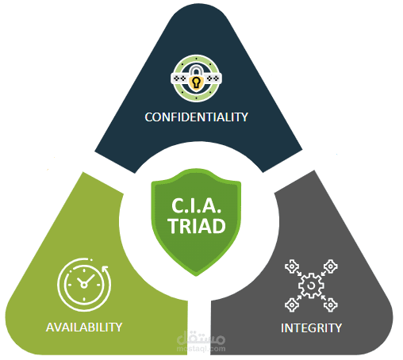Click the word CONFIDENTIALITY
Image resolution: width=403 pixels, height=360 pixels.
[x=196, y=117]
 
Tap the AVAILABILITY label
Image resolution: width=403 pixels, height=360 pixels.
[x=84, y=327]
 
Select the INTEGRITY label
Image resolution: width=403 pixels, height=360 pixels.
[x=311, y=328]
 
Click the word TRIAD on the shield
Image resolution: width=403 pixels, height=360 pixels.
[x=197, y=226]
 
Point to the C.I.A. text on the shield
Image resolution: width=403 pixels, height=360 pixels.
[x=196, y=205]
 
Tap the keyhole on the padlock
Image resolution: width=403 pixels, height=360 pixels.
[x=196, y=82]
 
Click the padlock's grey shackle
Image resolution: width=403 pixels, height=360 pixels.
[x=196, y=71]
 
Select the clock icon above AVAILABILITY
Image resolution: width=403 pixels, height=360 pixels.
[x=83, y=285]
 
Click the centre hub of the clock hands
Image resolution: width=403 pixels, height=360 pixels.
[x=83, y=285]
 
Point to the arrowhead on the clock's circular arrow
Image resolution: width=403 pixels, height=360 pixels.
[x=106, y=269]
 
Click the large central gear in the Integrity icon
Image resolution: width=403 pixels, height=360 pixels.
[x=311, y=285]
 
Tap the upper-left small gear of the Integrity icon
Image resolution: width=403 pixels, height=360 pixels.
[x=291, y=266]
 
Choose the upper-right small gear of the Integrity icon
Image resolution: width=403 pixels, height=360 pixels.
[x=331, y=266]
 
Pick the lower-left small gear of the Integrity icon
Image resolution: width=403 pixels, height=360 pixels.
[x=292, y=305]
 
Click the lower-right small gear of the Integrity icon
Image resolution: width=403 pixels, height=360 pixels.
[x=331, y=305]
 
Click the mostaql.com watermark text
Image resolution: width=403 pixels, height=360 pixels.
[x=201, y=349]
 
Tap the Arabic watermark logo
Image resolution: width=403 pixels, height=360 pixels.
[x=201, y=338]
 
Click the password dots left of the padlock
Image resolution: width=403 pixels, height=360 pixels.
[x=180, y=79]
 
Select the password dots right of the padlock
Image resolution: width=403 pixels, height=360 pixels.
[x=213, y=79]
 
